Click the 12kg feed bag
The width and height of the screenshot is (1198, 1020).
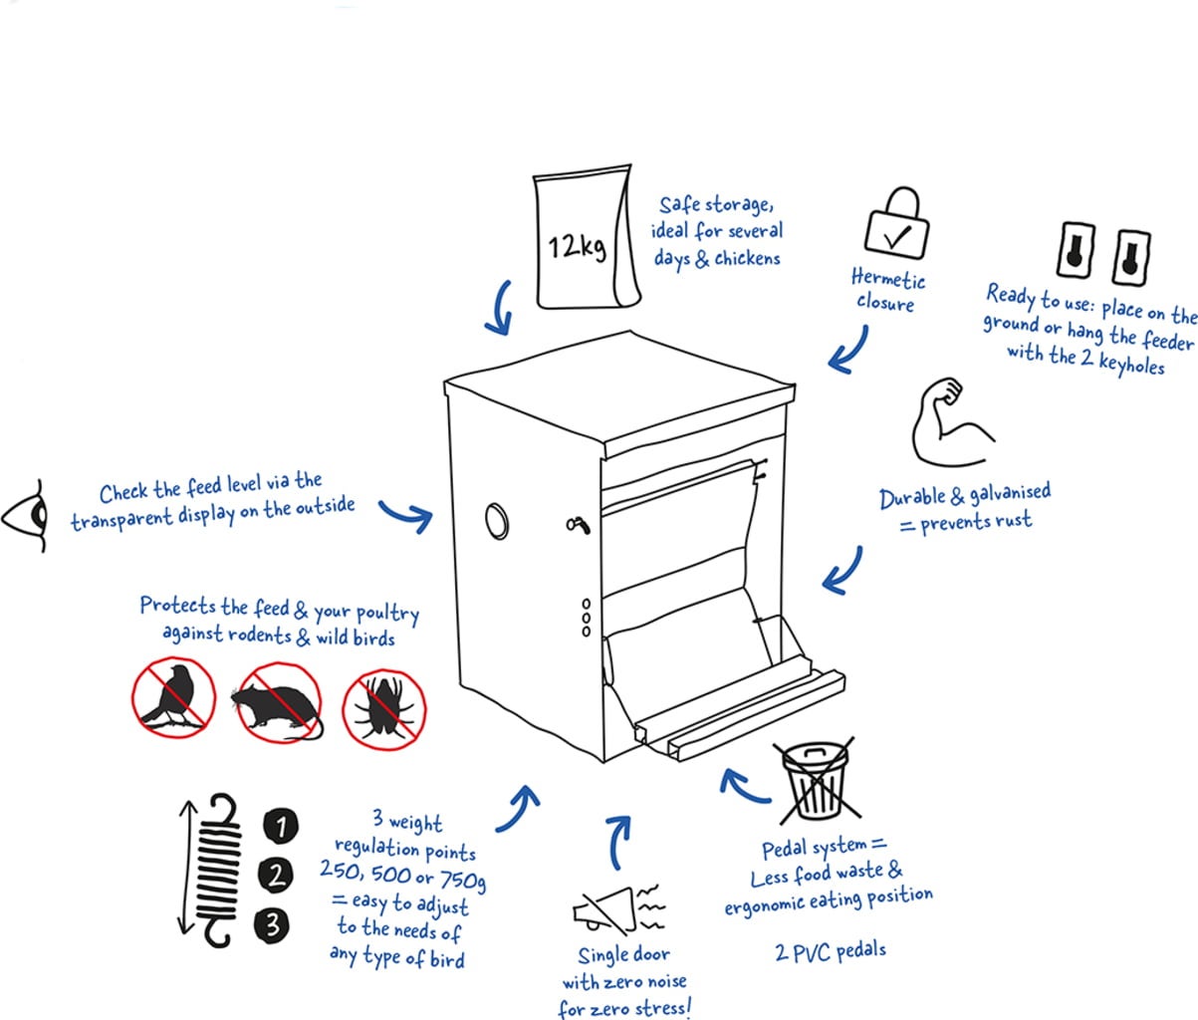582,238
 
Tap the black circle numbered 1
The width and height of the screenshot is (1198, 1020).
281,825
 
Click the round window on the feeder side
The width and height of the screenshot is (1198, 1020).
497,519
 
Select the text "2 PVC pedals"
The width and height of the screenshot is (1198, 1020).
830,951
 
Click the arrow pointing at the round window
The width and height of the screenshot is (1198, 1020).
406,514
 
